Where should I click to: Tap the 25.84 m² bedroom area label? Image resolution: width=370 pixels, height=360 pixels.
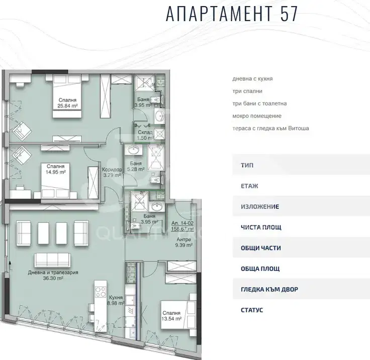pos(67,103)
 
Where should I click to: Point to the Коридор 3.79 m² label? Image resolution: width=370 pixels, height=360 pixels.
pos(112,172)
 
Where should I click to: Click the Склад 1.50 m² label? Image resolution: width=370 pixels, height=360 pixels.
pos(145,135)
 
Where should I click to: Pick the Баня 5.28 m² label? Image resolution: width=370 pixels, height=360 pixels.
pos(136,166)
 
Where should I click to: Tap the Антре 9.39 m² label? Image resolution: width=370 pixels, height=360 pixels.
pos(184,242)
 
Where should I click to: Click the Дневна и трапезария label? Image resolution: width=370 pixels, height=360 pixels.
pos(53,273)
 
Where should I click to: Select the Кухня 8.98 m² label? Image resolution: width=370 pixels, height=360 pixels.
pos(116,300)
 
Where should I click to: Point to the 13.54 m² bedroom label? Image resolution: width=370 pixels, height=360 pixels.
pos(171,316)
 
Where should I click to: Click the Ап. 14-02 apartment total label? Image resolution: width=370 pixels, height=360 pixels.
pos(182,226)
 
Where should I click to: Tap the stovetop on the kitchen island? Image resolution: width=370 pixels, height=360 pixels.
pos(101,292)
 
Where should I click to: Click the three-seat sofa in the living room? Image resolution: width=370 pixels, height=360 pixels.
pos(52,260)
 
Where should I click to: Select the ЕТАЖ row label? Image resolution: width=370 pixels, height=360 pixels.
pos(249,186)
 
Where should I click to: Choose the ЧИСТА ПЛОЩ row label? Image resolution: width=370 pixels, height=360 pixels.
pos(261,227)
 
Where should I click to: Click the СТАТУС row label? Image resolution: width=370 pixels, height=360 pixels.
pos(252,310)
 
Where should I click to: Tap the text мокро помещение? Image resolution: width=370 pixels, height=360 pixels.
pos(257,116)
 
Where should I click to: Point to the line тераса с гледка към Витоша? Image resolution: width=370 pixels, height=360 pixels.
pos(270,129)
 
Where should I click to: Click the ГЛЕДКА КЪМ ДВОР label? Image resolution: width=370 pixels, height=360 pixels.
pos(269,289)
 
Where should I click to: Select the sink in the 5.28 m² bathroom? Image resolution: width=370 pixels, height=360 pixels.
pos(135,150)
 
